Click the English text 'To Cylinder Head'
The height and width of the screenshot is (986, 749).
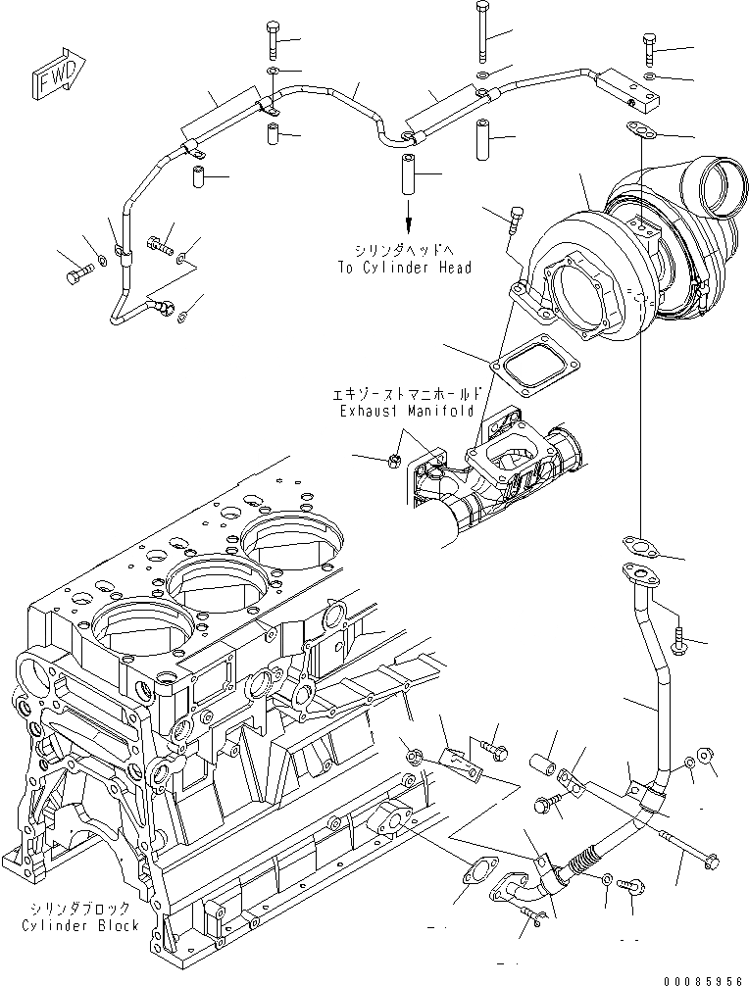click(403, 268)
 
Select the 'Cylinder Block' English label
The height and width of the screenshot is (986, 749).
click(80, 925)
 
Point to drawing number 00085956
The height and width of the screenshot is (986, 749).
click(701, 978)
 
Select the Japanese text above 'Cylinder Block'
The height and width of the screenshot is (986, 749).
click(80, 908)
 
